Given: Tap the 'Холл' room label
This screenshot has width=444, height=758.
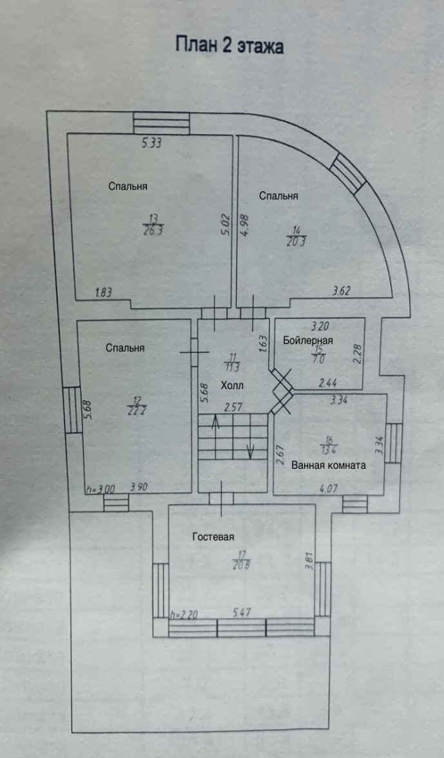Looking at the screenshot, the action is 232,385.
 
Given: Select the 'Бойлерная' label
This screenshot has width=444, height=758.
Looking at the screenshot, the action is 307,341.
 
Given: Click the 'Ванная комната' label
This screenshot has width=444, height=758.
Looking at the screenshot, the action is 329,464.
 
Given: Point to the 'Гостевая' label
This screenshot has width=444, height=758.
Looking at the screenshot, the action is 213,536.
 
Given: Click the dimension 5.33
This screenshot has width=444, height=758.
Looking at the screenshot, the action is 151,144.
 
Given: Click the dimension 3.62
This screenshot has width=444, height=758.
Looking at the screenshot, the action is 342,291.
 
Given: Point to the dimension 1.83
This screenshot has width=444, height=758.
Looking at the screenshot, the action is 104,292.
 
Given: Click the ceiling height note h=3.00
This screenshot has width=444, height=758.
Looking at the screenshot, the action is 100,489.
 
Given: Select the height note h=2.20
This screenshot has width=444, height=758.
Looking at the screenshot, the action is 184,615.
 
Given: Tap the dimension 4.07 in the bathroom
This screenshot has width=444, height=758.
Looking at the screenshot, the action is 329,488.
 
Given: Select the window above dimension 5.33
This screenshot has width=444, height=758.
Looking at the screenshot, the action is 161,122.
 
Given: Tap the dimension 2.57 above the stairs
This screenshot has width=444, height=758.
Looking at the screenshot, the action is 233,408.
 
